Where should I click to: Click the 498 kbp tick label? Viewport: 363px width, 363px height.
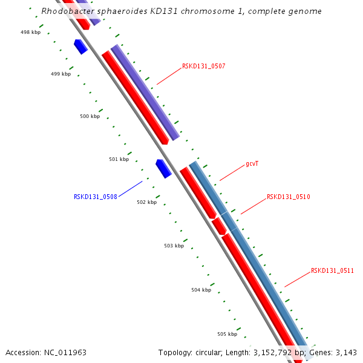(x=30, y=31)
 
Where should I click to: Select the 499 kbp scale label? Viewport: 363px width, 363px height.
(x=60, y=74)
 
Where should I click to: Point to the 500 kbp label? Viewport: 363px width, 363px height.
(x=90, y=116)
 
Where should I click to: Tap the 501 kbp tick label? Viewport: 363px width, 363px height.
(x=119, y=159)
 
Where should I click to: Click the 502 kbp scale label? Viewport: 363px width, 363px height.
(x=146, y=202)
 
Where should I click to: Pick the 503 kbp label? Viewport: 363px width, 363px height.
(x=174, y=246)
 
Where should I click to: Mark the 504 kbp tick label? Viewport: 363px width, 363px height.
(x=201, y=290)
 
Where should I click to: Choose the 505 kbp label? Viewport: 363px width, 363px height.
(x=227, y=334)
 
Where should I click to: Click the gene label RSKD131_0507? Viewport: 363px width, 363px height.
(x=203, y=66)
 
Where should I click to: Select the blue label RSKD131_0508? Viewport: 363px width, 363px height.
(x=95, y=197)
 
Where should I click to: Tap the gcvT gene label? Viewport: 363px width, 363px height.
(x=252, y=164)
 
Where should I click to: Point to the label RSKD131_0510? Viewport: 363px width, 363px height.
(x=288, y=197)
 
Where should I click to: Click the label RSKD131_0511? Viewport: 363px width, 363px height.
(x=332, y=270)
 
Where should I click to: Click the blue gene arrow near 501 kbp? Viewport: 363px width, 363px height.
(x=163, y=168)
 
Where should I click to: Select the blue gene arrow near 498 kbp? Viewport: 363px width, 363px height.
(x=80, y=47)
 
